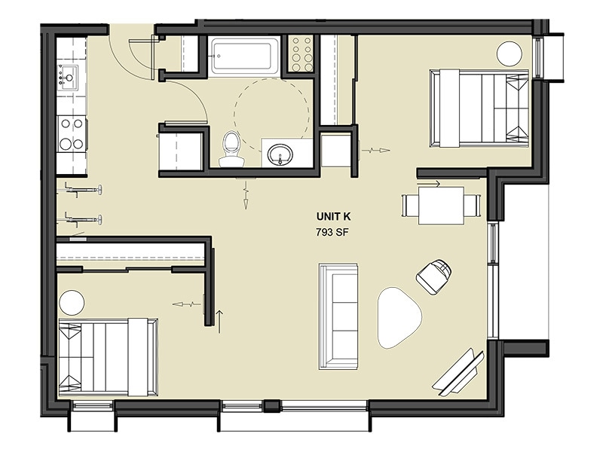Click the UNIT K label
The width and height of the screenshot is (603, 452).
click(334, 217)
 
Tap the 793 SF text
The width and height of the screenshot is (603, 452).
click(334, 233)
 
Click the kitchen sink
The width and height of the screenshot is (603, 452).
click(69, 76)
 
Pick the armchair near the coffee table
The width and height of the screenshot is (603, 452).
click(435, 276)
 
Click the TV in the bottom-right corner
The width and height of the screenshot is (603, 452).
click(458, 372)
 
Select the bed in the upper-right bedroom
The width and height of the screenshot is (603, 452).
click(479, 108)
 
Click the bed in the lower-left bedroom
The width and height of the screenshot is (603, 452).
click(107, 356)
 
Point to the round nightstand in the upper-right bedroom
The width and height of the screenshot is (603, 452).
click(510, 54)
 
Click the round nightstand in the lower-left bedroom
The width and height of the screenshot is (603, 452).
click(72, 303)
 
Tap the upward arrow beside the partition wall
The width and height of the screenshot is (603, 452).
click(220, 319)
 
